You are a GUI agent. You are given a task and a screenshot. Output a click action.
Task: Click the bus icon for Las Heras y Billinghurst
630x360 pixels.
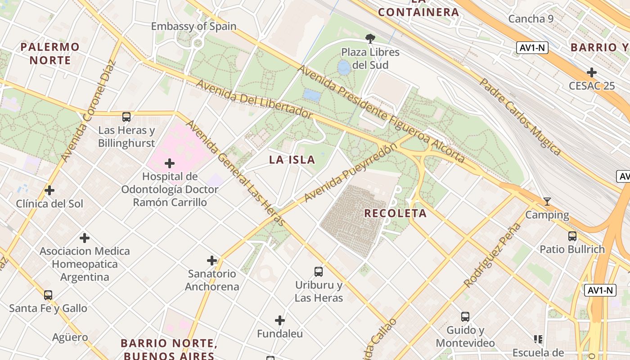pos(126,117)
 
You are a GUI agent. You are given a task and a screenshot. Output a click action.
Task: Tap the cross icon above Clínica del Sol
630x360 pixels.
pos(49,190)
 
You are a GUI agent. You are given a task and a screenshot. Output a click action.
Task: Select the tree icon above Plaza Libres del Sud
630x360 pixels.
pos(370,39)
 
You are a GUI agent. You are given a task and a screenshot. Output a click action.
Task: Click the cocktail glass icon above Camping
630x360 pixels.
pos(547,202)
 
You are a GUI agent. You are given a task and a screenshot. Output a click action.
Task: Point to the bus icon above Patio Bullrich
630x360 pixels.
pos(572,236)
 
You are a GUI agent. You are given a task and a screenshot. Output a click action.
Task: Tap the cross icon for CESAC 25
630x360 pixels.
pos(591,72)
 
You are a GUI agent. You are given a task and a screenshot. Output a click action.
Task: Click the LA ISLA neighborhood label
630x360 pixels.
pos(292,160)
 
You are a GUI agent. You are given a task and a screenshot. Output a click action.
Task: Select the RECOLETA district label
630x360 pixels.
pos(395,213)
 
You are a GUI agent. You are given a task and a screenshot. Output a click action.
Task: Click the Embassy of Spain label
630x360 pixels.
pos(193,26)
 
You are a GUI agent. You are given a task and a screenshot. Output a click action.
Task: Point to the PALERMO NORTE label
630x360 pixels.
pos(50,54)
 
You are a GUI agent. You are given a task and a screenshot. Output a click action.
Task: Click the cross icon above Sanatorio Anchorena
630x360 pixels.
pos(212,261)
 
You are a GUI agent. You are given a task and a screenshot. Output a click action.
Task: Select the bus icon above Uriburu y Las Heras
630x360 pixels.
pos(319,271)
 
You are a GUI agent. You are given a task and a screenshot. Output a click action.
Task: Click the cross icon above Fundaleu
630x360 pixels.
pos(280,320)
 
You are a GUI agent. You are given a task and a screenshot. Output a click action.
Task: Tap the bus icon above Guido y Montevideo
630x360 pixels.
pos(465,317)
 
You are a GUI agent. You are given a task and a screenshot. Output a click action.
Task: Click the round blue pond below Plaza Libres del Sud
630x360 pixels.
pos(344,68)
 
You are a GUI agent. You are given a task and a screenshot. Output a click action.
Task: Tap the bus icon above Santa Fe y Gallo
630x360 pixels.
pos(48,295)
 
